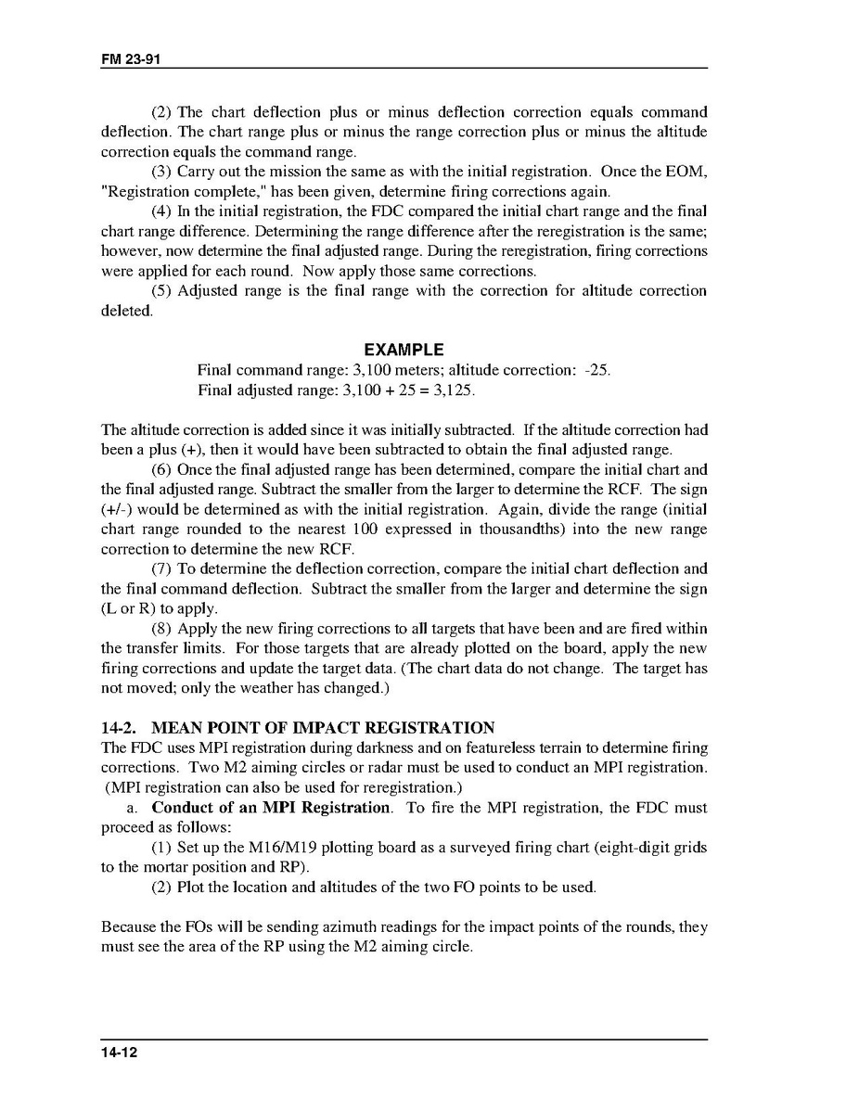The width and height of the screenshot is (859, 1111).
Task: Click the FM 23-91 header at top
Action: (x=126, y=58)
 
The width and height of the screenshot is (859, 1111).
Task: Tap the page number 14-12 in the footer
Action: (x=120, y=1053)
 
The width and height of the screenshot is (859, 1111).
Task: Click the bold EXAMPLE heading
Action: (x=404, y=350)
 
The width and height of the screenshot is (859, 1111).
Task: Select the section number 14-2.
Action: (x=119, y=728)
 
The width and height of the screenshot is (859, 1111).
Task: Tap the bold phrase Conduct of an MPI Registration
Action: (x=271, y=808)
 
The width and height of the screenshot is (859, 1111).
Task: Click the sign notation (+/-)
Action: (x=117, y=509)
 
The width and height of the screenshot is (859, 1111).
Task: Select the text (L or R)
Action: (x=133, y=608)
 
